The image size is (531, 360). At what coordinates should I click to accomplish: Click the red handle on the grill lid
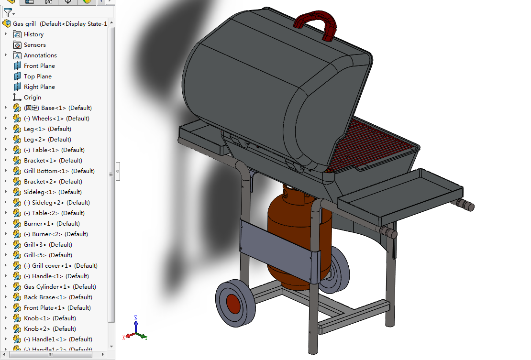(x=316, y=20)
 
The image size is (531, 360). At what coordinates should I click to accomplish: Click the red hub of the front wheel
(x=233, y=304)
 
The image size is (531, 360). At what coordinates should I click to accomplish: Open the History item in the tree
(x=33, y=34)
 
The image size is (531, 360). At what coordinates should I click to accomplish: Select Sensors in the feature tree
(x=34, y=45)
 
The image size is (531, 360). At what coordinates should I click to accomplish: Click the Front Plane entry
(x=39, y=66)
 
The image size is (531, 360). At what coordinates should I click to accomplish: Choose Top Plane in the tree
(x=37, y=76)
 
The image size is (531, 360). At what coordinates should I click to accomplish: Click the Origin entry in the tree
(x=32, y=98)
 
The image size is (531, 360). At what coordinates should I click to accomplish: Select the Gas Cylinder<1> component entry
(x=60, y=287)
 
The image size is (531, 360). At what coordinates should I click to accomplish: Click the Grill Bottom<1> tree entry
(x=59, y=171)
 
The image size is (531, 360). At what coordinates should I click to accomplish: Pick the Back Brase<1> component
(x=58, y=297)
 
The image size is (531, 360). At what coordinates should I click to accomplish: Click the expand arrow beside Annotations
(x=6, y=55)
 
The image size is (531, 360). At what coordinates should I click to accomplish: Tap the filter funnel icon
(x=8, y=12)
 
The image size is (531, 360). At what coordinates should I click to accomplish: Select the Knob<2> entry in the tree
(x=50, y=329)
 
